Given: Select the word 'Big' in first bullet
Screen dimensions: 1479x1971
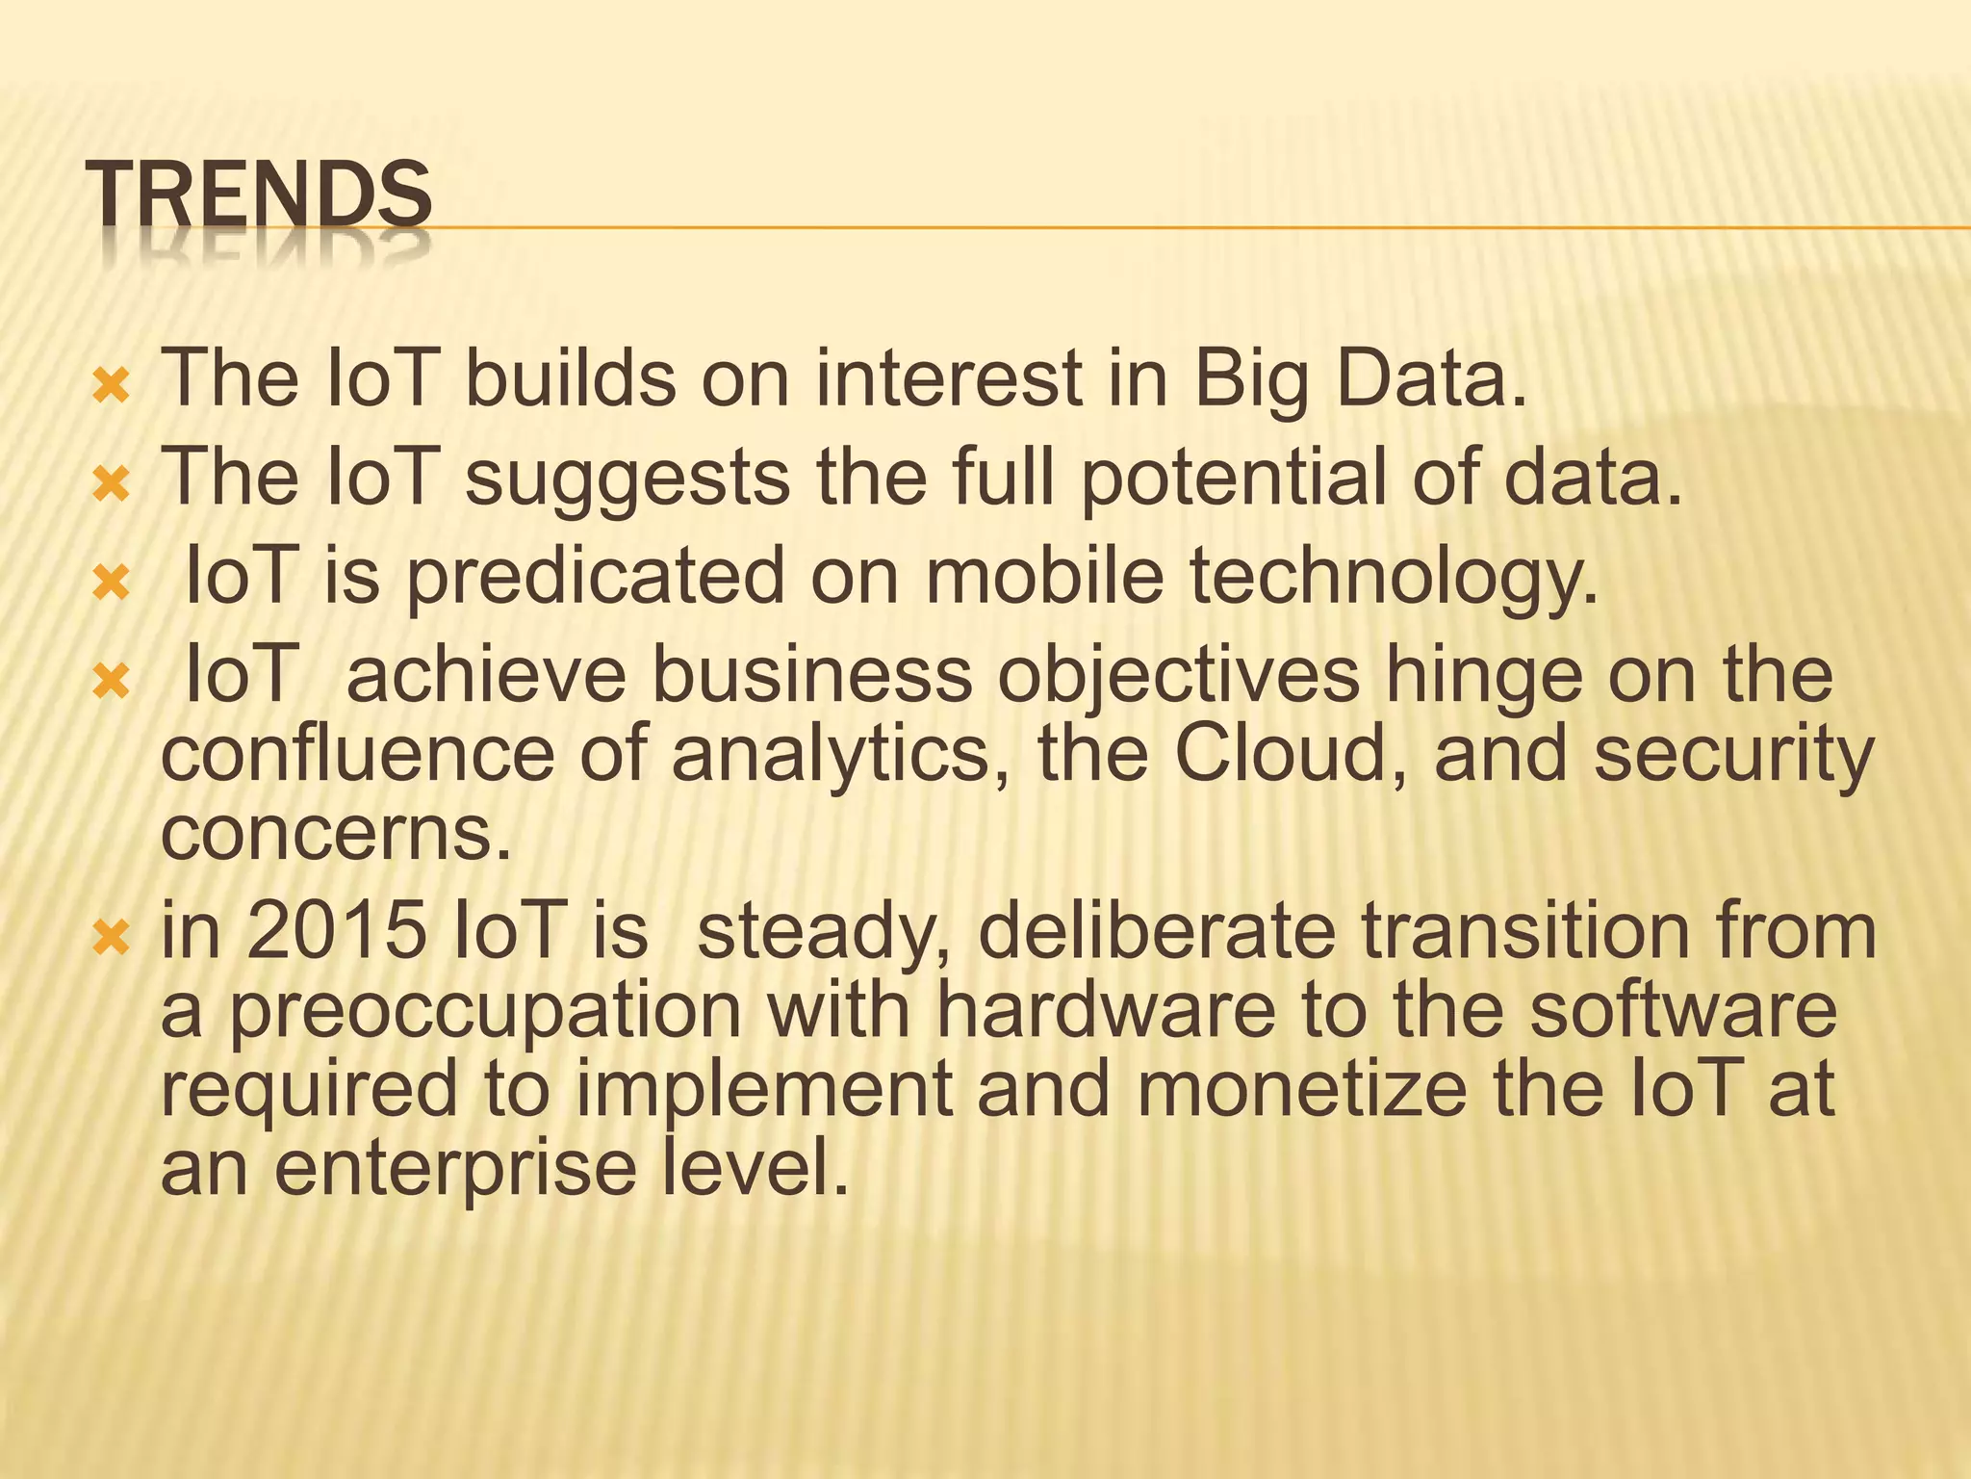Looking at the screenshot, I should click(x=1251, y=381).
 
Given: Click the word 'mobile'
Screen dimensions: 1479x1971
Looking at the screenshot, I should click(x=1045, y=576).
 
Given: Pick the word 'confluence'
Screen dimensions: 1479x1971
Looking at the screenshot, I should click(x=357, y=755).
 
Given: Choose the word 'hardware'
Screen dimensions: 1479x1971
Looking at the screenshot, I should click(x=1106, y=1010).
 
